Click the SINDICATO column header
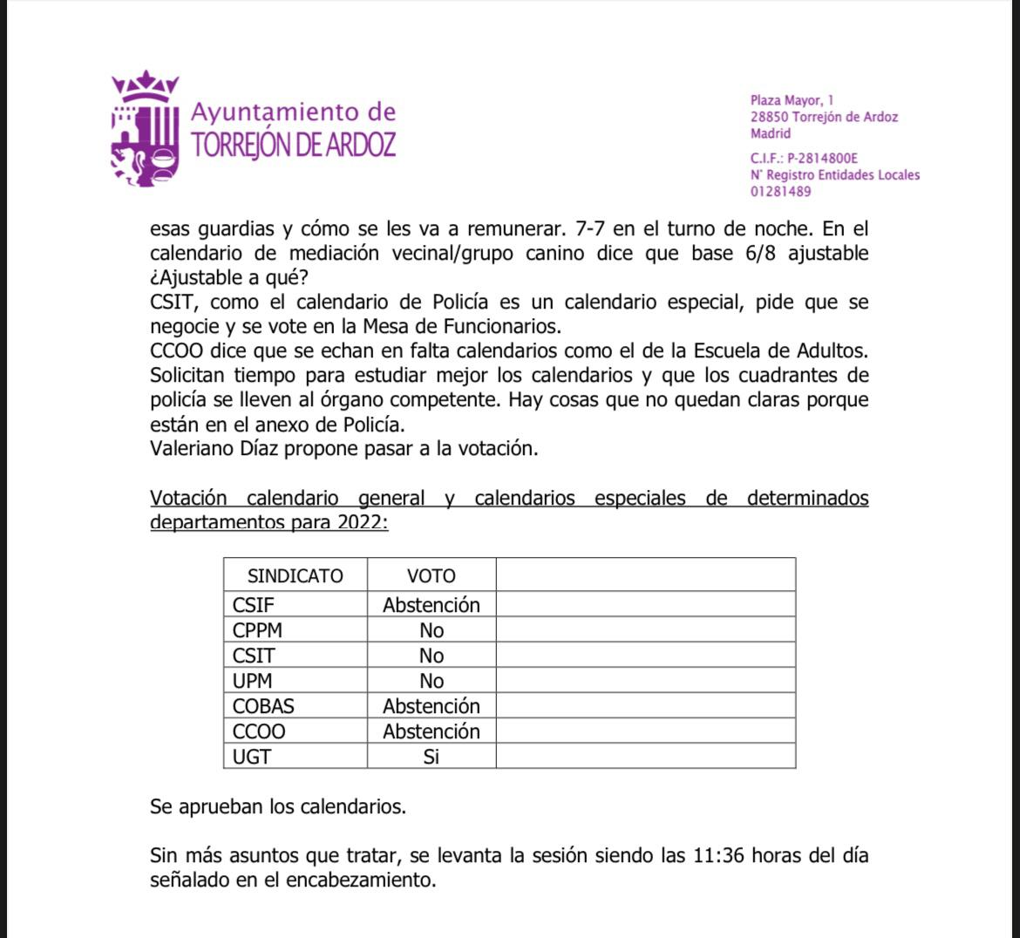[296, 576]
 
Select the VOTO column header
[432, 576]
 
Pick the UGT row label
[252, 757]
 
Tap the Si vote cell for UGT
[432, 757]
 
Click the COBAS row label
[263, 706]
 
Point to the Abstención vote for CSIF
[432, 605]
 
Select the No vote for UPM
[432, 681]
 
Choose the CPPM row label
[257, 630]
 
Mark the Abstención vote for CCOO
[432, 731]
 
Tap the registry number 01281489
[780, 192]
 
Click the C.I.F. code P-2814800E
[822, 159]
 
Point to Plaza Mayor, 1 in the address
[792, 100]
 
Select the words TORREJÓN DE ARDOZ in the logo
[293, 145]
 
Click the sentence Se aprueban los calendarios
[278, 806]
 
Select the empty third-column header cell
[645, 576]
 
